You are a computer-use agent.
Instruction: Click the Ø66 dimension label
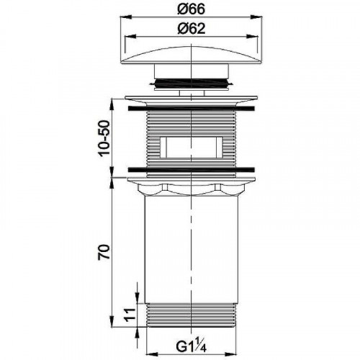(191, 9)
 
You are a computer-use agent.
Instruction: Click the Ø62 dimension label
(191, 29)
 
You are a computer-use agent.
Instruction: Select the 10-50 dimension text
(104, 139)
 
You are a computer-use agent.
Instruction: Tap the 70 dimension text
(104, 251)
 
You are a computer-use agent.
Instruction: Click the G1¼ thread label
(191, 346)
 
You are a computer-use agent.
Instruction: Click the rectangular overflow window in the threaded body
(192, 147)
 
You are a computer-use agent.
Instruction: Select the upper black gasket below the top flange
(192, 108)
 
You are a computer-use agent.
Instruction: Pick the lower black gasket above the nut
(192, 169)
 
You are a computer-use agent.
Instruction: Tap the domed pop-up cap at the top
(191, 55)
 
